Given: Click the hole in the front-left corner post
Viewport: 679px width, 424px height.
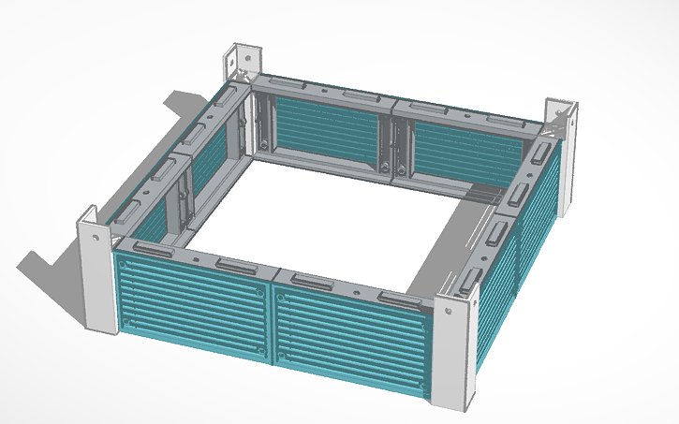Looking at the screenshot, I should (96, 237).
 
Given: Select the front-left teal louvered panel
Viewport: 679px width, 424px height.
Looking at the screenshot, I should (192, 304).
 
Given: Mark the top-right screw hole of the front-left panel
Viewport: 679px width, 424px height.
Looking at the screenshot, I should (261, 292).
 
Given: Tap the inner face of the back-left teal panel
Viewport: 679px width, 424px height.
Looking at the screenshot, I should (328, 131).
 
